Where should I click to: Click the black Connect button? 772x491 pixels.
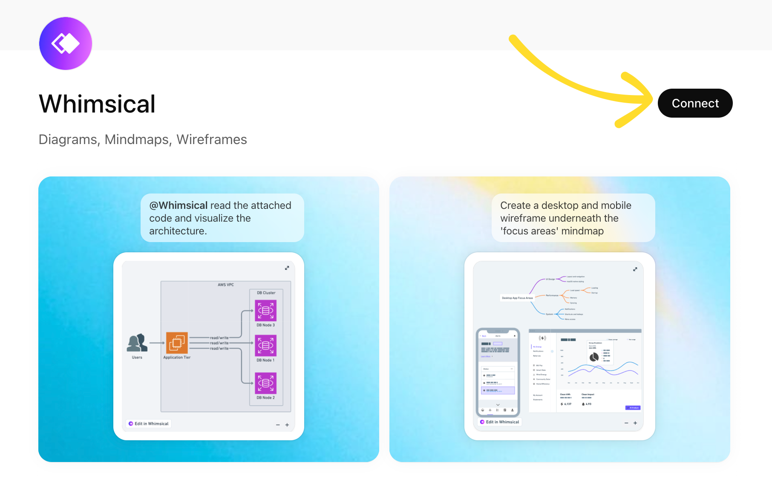pyautogui.click(x=695, y=103)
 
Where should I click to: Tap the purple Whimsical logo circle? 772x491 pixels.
pyautogui.click(x=66, y=43)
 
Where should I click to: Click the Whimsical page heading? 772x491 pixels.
pyautogui.click(x=97, y=104)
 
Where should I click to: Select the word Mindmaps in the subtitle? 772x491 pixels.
pyautogui.click(x=138, y=139)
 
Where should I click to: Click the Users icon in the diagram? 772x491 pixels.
pyautogui.click(x=137, y=343)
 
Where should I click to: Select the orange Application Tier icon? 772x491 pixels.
pyautogui.click(x=177, y=343)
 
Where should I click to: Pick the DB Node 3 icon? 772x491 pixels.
pyautogui.click(x=265, y=310)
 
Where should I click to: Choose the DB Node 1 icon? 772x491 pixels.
pyautogui.click(x=265, y=345)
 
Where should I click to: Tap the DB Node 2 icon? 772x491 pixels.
pyautogui.click(x=265, y=383)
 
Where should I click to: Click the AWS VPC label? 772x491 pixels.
pyautogui.click(x=226, y=285)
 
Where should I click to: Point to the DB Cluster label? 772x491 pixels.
pyautogui.click(x=266, y=293)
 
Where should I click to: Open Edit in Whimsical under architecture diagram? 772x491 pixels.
pyautogui.click(x=149, y=424)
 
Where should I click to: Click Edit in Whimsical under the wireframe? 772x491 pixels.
pyautogui.click(x=500, y=422)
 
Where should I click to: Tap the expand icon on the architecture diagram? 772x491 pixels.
pyautogui.click(x=287, y=268)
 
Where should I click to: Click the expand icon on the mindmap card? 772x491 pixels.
pyautogui.click(x=635, y=269)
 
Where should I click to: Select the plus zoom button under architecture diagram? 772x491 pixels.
pyautogui.click(x=287, y=425)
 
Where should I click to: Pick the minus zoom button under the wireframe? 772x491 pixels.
pyautogui.click(x=626, y=423)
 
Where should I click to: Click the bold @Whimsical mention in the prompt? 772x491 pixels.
pyautogui.click(x=179, y=205)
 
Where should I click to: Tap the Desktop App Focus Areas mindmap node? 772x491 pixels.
pyautogui.click(x=517, y=298)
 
